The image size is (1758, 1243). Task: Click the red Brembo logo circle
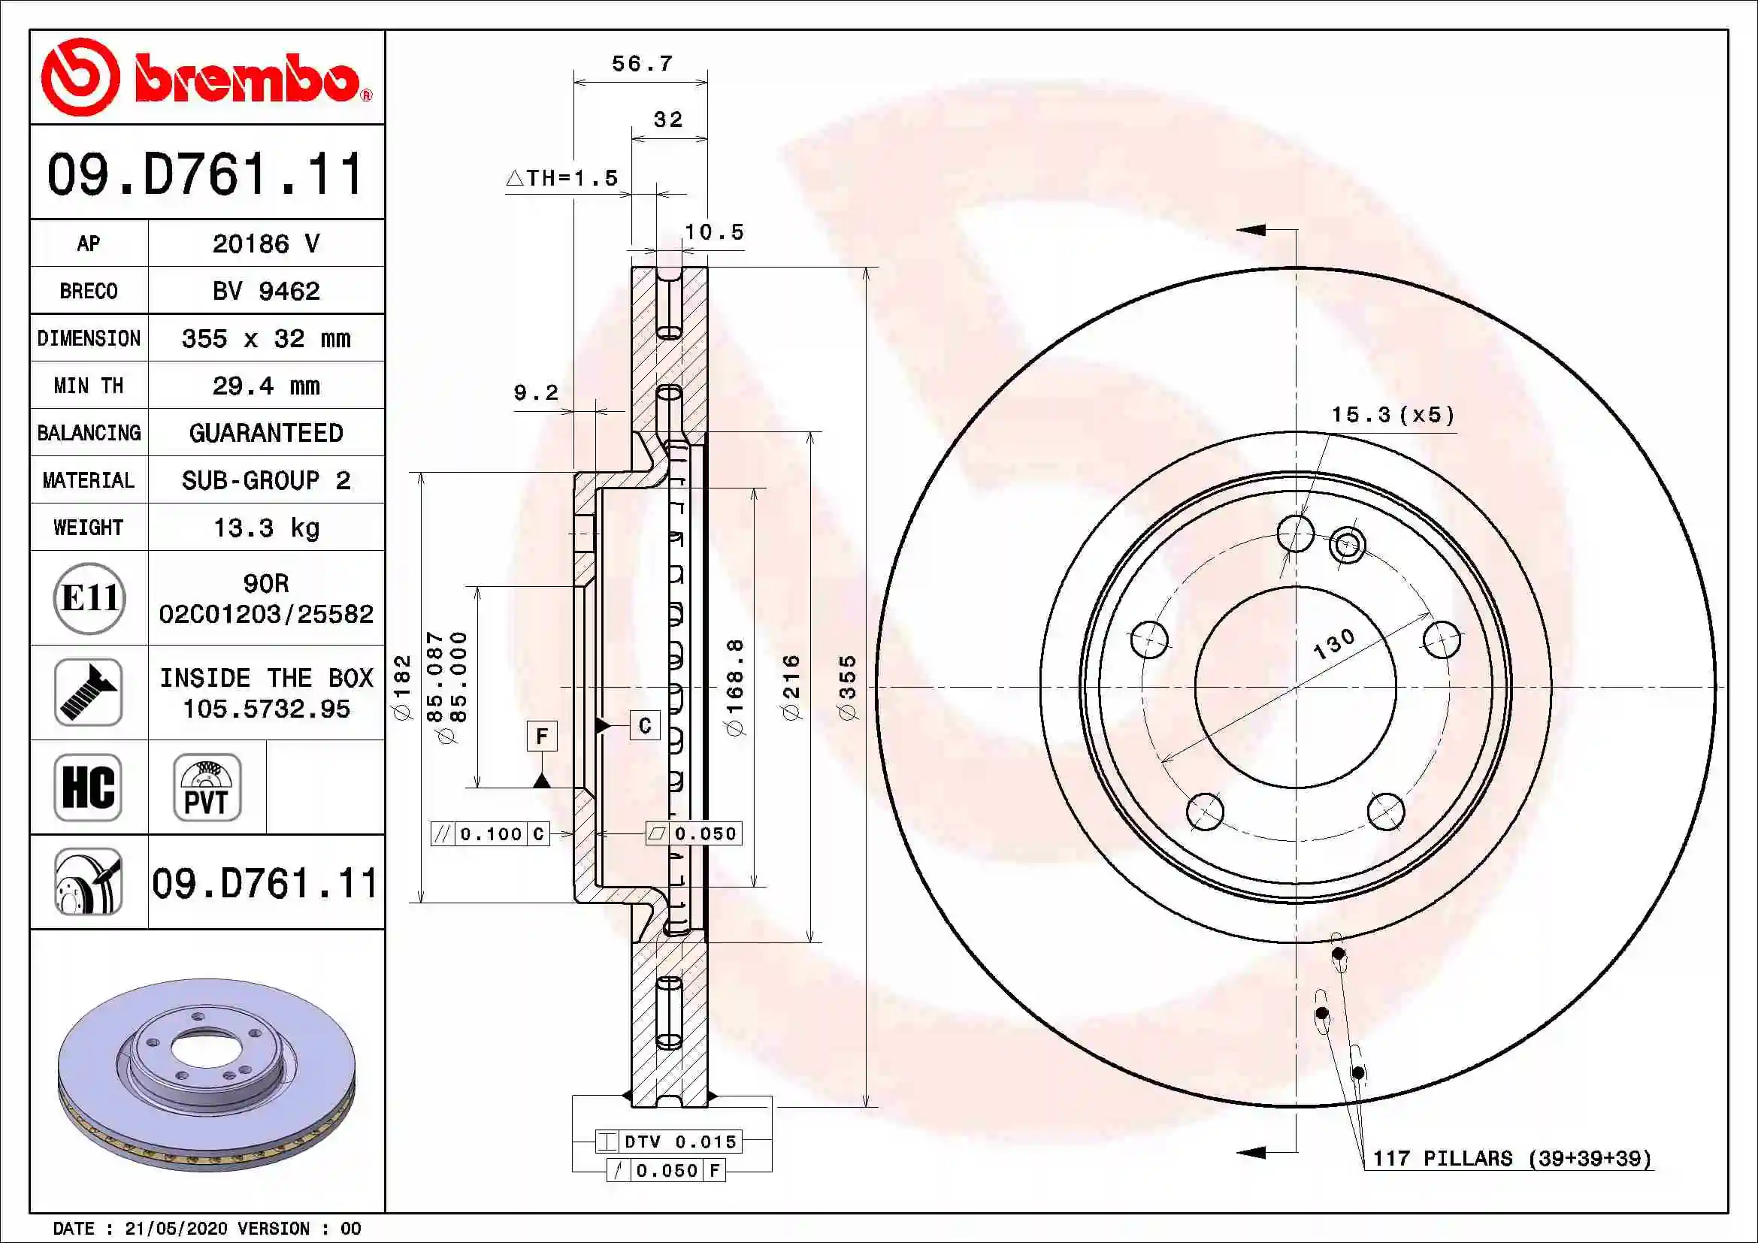point(80,77)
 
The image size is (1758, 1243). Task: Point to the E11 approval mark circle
point(89,597)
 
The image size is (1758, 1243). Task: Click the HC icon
point(88,787)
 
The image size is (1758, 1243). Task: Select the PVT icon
point(207,787)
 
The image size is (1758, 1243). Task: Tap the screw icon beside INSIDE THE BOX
point(88,692)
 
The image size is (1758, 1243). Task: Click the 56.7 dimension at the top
point(642,64)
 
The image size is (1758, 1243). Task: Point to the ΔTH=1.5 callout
point(562,178)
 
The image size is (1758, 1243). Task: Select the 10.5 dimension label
point(713,232)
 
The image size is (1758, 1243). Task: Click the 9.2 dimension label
point(535,392)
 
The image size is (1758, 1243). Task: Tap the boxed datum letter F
point(542,736)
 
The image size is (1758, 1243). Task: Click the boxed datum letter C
point(645,724)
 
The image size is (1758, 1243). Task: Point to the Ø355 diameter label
point(847,688)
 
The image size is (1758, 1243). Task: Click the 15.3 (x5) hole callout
point(1392,415)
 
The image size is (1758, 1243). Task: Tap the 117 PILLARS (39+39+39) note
point(1511,1159)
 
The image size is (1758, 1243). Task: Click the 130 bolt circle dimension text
point(1334,644)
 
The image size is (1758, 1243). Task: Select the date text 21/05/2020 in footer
point(175,1229)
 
